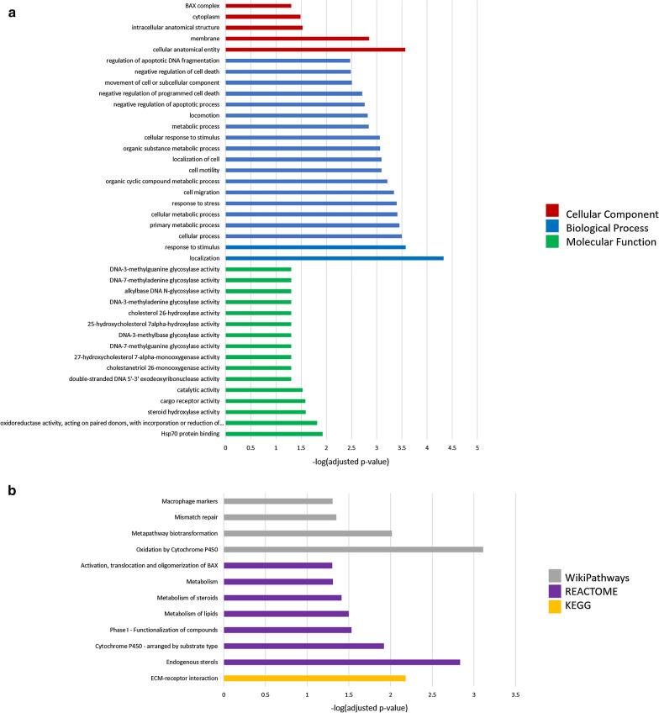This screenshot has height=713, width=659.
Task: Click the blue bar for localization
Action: (x=334, y=258)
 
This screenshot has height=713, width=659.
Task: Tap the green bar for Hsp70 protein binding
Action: (x=274, y=434)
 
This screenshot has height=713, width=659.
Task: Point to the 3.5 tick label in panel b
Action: (x=514, y=695)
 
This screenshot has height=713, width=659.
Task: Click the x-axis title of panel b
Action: (x=370, y=708)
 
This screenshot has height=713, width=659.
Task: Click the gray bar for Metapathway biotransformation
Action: (x=308, y=534)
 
